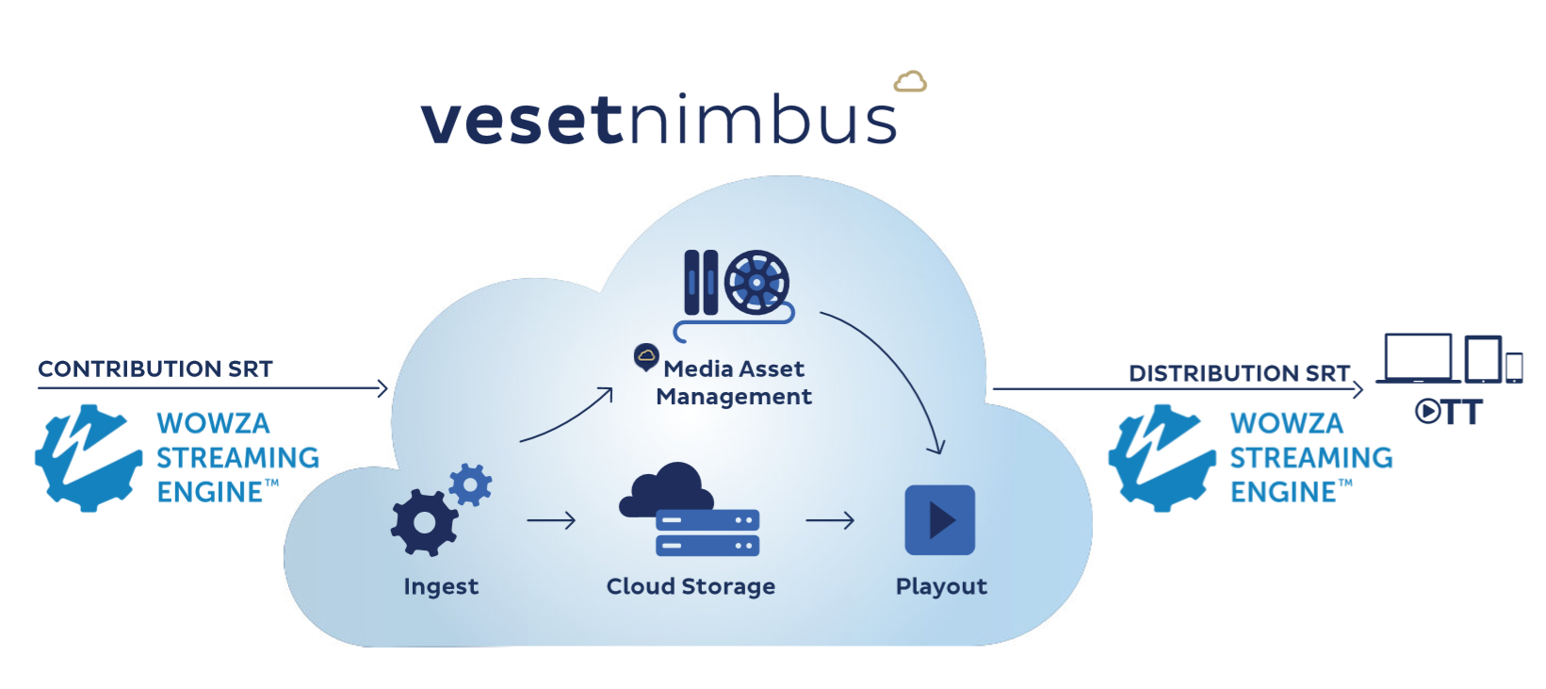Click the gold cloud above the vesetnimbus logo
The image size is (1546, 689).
point(909,82)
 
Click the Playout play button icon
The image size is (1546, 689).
point(939,519)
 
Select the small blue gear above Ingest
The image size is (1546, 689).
point(470,484)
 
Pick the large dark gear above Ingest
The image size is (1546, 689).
point(423,522)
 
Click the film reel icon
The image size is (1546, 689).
point(757,282)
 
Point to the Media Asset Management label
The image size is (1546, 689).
point(733,382)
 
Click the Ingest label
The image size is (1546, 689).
point(441,586)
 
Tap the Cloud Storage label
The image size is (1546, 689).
point(691,586)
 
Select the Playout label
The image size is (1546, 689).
point(941,586)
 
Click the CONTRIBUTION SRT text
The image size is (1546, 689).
point(155,369)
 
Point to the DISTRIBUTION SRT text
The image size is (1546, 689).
point(1239,373)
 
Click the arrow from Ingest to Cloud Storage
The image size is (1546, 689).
point(551,520)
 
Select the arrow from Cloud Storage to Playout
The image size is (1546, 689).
point(830,520)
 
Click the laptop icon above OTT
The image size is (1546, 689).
point(1417,358)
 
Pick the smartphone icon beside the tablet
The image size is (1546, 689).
point(1514,367)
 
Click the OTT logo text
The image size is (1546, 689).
point(1449,412)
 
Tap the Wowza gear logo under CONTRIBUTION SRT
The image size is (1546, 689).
point(89,458)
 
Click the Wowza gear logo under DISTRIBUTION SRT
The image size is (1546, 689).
point(1162,458)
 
